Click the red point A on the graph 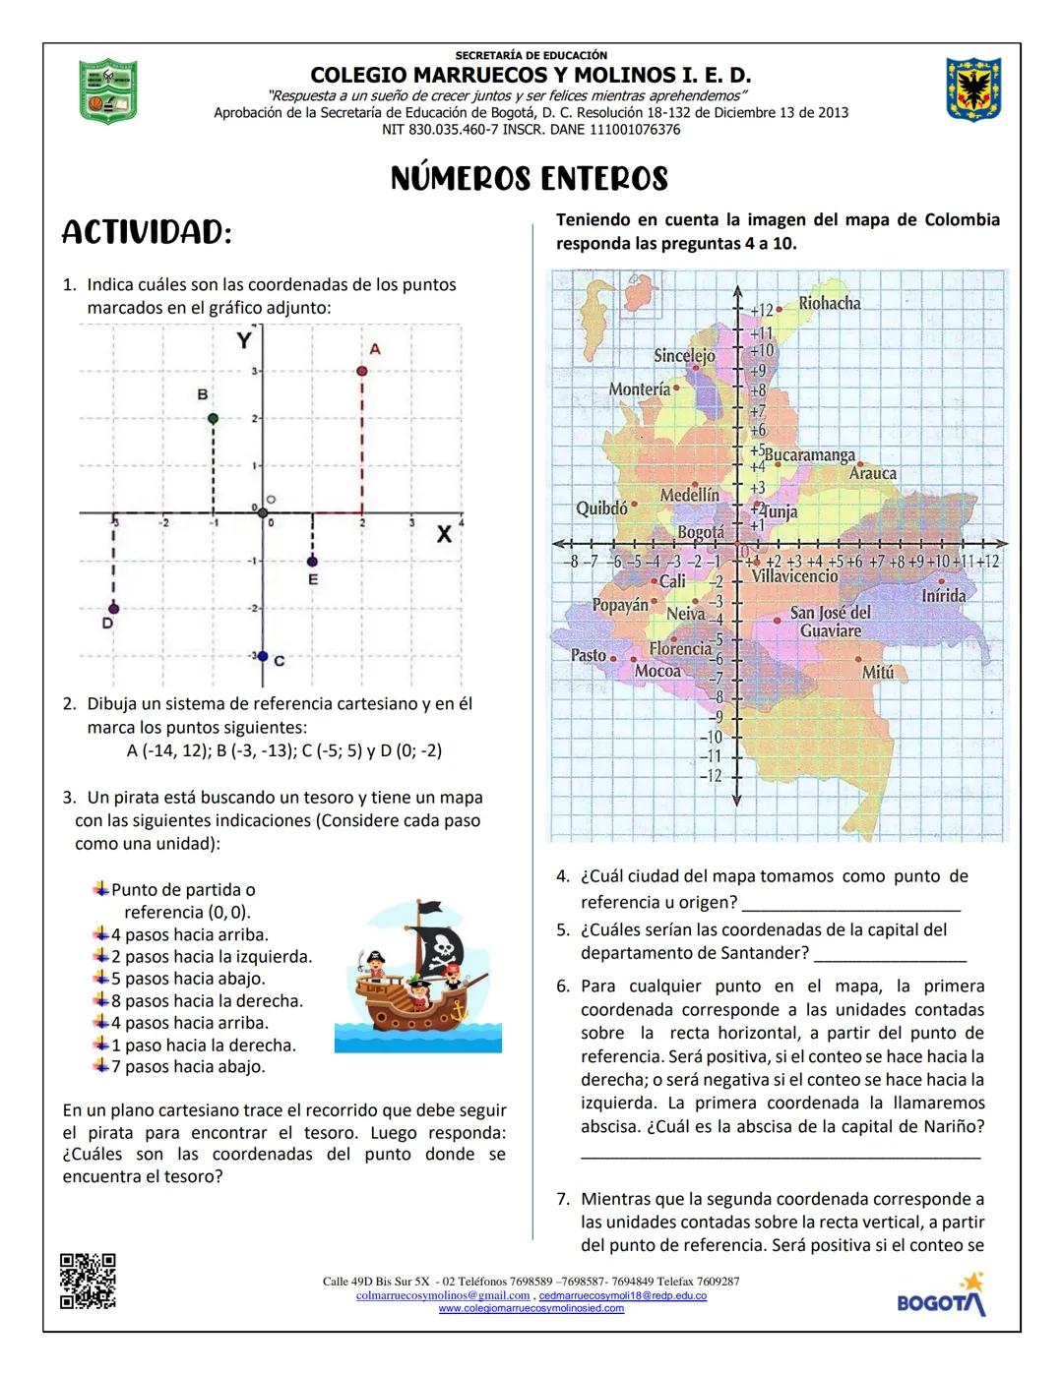pos(362,371)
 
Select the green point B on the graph pos(213,418)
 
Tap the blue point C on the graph pos(262,655)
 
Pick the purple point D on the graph pos(114,608)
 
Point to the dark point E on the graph pos(312,561)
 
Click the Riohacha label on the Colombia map pos(829,303)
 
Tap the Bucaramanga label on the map pos(809,455)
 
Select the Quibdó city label pos(601,508)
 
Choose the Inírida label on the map pos(943,595)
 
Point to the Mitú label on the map pos(878,672)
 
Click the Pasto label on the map pos(589,655)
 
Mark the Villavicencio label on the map pos(794,576)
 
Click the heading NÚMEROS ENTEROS pos(530,179)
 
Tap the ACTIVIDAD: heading pos(147,233)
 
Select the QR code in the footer pos(88,1281)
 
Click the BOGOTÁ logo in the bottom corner pos(941,1295)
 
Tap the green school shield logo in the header pos(107,90)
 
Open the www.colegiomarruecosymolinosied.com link pos(531,1309)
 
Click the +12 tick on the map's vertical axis pos(763,310)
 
